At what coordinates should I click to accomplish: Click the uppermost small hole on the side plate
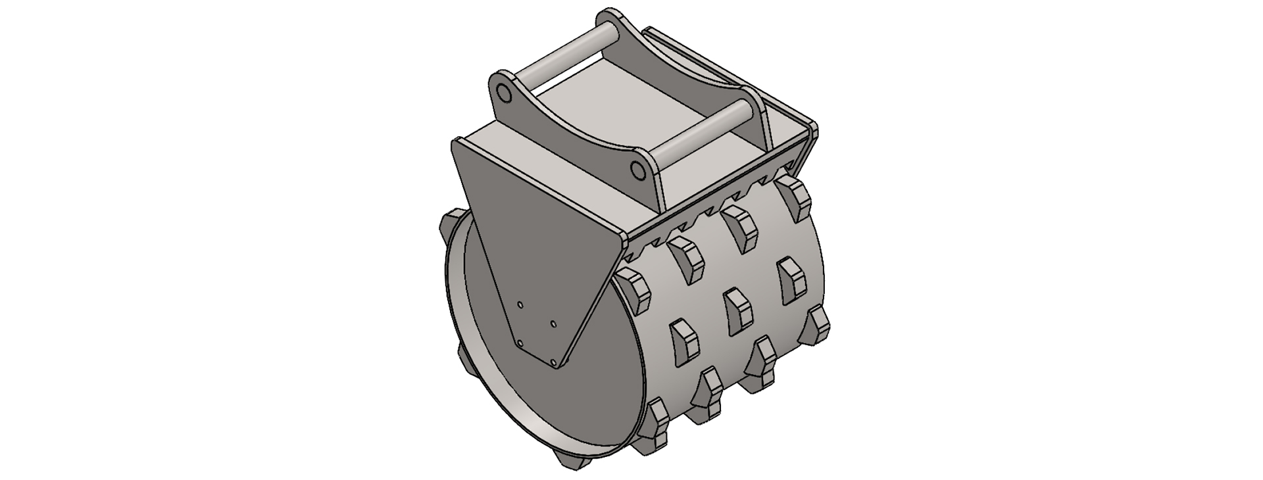click(520, 304)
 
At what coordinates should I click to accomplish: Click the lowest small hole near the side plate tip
click(554, 362)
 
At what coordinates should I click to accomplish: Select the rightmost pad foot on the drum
click(819, 325)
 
